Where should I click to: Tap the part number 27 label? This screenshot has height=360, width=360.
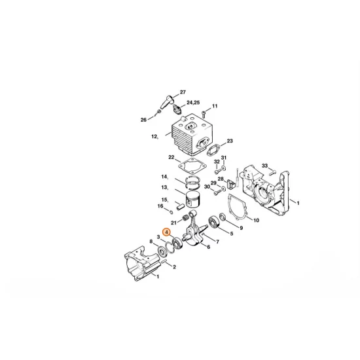(x=183, y=92)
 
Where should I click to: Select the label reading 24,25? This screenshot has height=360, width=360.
(x=193, y=103)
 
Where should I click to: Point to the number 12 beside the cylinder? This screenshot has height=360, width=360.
(x=154, y=137)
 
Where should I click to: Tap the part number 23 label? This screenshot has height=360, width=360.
(x=230, y=141)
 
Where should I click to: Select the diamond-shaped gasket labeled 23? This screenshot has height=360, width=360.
(x=214, y=148)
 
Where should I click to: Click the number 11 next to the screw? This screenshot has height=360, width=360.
(x=214, y=106)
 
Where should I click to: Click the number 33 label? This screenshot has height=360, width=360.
(x=264, y=166)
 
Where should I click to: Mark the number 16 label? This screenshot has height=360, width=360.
(x=160, y=206)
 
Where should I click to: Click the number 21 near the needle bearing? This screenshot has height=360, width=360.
(x=173, y=223)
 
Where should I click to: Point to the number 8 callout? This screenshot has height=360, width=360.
(x=151, y=242)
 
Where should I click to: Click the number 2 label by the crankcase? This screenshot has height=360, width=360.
(x=175, y=267)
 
